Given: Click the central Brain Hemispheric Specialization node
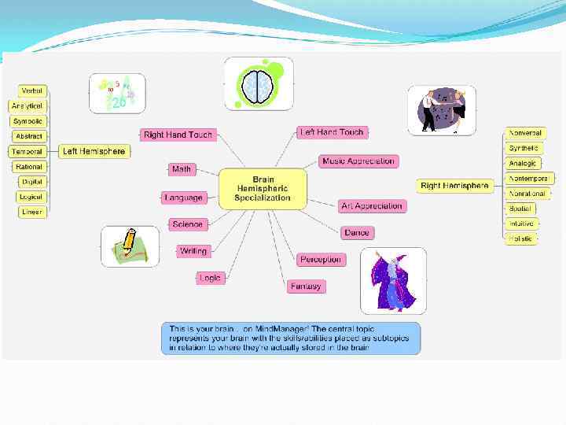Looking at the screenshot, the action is tap(262, 189).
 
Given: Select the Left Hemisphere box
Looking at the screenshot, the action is tap(94, 151).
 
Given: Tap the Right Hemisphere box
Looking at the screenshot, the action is tap(454, 186).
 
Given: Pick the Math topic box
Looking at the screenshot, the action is tap(182, 168).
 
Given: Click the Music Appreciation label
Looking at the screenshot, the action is tap(358, 161).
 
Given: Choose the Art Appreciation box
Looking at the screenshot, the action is tap(371, 206).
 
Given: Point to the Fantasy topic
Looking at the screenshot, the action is tap(305, 286).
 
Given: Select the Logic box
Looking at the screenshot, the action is tap(210, 278).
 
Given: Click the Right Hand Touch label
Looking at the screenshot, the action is tap(178, 135).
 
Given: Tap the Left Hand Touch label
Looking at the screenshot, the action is tap(332, 132).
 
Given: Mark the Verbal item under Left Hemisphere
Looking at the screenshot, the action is tap(32, 91).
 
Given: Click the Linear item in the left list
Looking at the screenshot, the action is tap(32, 212).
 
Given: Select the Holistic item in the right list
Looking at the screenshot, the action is tap(520, 238).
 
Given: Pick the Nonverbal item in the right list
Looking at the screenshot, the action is tap(525, 133).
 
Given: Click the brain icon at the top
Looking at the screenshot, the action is tap(259, 84).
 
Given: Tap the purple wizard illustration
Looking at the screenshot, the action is tap(393, 280).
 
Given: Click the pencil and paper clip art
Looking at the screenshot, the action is tap(130, 246).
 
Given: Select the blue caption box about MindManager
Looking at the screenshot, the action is tap(291, 338).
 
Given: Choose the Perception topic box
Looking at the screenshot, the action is tap(321, 259).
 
